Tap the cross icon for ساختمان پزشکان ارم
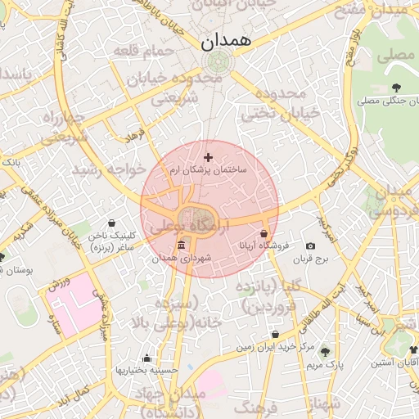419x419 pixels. (208, 156)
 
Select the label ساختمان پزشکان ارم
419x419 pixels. (208, 169)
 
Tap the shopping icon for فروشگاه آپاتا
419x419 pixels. (264, 232)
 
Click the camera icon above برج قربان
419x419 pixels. (310, 246)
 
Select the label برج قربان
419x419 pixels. (311, 259)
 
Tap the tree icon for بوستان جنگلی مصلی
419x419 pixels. (396, 87)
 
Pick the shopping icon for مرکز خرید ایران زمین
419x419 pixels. (274, 334)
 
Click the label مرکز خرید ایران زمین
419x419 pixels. (275, 347)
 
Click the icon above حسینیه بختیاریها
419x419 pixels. (146, 358)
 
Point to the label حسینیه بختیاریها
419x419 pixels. (146, 370)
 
